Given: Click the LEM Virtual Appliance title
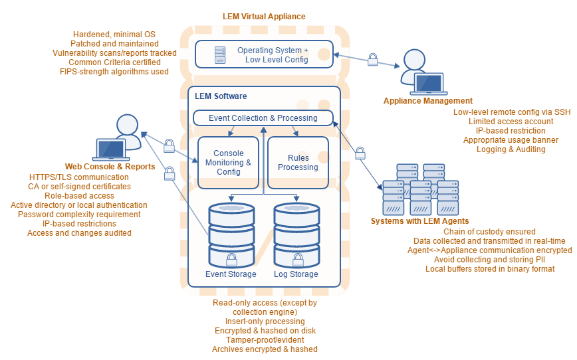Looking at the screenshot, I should point(264,16).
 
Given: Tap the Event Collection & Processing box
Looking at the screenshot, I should point(263,118).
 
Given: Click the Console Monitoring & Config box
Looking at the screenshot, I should point(228,163).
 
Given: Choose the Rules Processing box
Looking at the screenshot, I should point(298,163).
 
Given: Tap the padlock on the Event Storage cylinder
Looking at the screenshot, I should point(232,258).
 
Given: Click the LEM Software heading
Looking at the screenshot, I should point(221,97).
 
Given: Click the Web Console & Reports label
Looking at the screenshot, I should point(110,166).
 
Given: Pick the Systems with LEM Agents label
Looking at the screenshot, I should point(419,221).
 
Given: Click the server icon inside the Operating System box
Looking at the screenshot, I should point(220,55).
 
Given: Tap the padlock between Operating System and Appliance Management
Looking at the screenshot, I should point(373,60).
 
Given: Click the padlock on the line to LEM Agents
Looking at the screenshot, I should point(360,153).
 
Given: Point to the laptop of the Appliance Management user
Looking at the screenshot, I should point(428,84).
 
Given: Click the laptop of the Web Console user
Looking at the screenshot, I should point(111,150).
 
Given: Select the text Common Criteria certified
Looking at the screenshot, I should point(114,62).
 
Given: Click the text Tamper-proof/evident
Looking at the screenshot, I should point(265,340).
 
